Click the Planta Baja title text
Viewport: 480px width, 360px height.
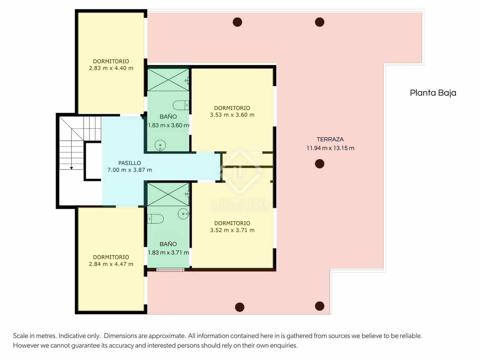coord(433,93)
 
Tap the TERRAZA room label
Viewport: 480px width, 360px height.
coord(330,139)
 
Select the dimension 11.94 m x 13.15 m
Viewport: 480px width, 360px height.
coord(330,148)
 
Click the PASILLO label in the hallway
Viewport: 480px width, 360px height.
coord(129,163)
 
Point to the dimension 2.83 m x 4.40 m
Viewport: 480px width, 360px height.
coord(111,68)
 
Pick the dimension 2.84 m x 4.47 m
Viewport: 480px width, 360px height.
coord(111,264)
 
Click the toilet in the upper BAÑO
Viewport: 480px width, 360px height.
coord(180,105)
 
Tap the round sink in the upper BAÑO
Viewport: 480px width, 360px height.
coord(160,146)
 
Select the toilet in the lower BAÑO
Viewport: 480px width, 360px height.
coord(156,219)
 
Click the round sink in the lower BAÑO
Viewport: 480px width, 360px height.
coord(183,214)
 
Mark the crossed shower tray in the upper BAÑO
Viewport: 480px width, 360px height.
coord(168,80)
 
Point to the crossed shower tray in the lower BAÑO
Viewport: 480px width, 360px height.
coord(168,194)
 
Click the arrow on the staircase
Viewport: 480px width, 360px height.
coord(71,168)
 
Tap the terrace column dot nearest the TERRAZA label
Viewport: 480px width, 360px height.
coord(319,164)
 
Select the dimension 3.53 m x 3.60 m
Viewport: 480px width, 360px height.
coord(232,115)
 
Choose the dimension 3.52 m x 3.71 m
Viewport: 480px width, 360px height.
coord(232,230)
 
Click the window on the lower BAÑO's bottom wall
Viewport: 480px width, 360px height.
coord(170,270)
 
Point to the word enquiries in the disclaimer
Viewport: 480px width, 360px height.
coord(285,345)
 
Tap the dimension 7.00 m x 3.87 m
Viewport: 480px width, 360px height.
coord(129,170)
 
